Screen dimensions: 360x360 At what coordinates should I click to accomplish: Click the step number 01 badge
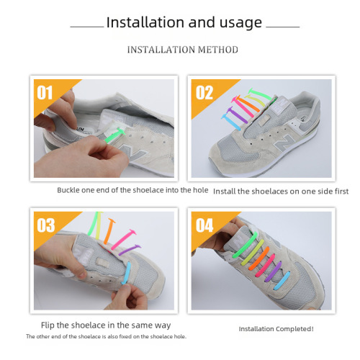pyautogui.click(x=46, y=93)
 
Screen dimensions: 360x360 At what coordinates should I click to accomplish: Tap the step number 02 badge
pyautogui.click(x=205, y=92)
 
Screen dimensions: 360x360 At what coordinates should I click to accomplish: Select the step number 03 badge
pyautogui.click(x=45, y=225)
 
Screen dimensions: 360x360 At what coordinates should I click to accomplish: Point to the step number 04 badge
pyautogui.click(x=205, y=225)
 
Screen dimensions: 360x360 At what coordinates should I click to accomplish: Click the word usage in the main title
pyautogui.click(x=238, y=22)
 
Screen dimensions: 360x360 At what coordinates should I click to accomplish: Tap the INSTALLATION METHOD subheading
pyautogui.click(x=182, y=50)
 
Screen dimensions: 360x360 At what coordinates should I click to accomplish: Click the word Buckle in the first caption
pyautogui.click(x=70, y=190)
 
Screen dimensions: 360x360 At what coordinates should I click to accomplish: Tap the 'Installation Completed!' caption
pyautogui.click(x=276, y=329)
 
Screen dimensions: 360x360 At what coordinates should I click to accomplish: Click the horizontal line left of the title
pyautogui.click(x=87, y=25)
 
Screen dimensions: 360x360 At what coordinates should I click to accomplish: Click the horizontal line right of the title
pyautogui.click(x=283, y=25)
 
